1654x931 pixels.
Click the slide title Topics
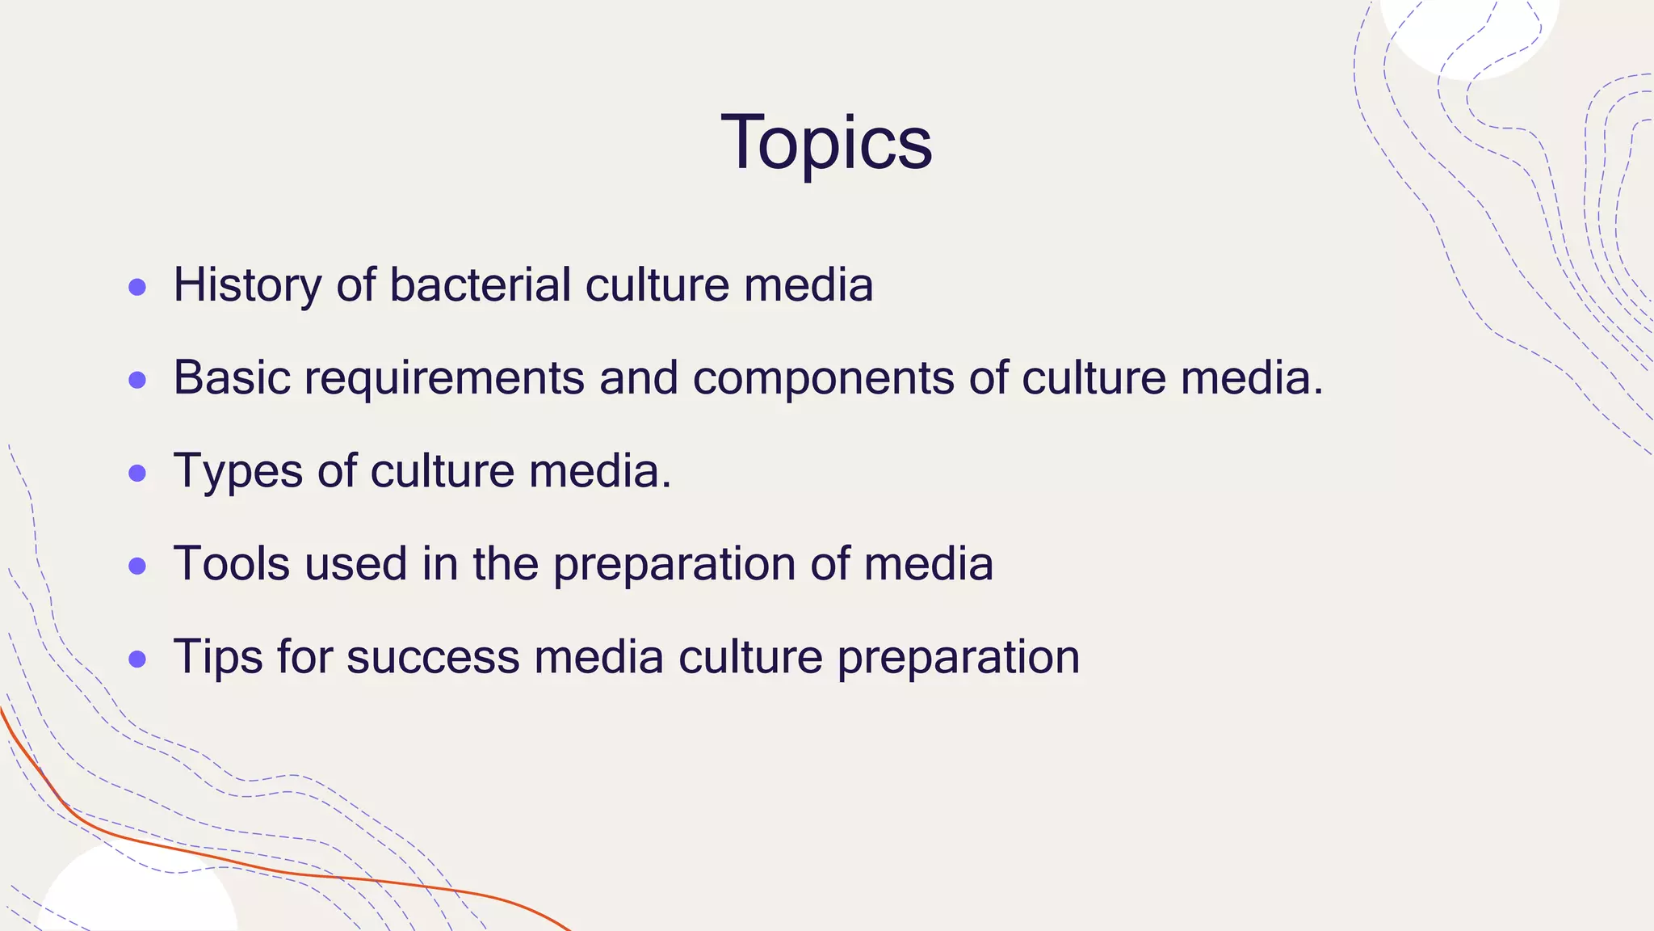pos(826,143)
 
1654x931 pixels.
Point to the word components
pos(823,378)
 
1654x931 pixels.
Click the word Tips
pos(218,656)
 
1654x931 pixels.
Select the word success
pos(433,656)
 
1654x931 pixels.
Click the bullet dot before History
pos(137,287)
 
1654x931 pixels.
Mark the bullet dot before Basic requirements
pos(137,380)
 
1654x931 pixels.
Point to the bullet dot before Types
pos(137,473)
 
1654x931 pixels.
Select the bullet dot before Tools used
pos(137,566)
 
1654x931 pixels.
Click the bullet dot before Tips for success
pos(137,659)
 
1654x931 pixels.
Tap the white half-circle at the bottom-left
pos(137,897)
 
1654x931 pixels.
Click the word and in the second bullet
pos(638,378)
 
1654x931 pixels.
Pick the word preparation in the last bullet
pos(958,658)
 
